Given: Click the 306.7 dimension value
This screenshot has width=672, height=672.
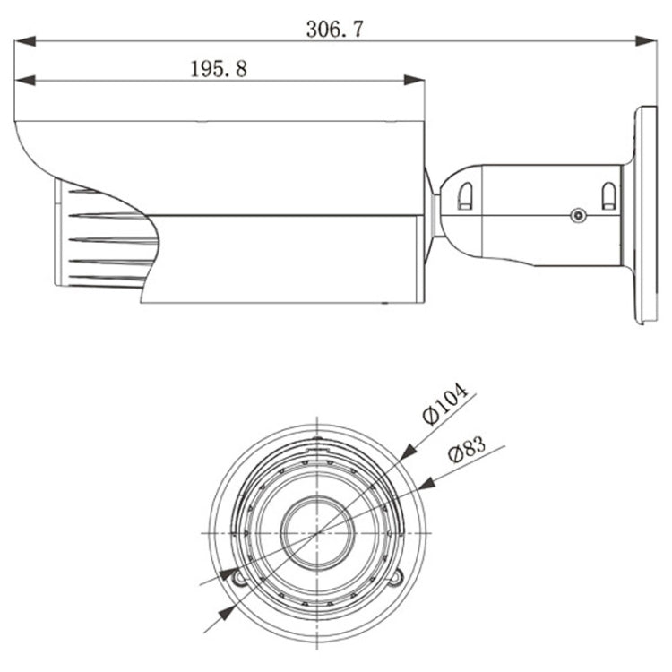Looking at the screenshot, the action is [335, 30].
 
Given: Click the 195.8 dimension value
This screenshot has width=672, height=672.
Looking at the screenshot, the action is [219, 69].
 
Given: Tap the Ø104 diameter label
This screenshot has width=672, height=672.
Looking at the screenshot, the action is [444, 404].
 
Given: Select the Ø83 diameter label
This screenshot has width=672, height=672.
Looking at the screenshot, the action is [467, 450].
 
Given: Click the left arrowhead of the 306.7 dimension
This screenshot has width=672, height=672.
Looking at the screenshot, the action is [25, 41].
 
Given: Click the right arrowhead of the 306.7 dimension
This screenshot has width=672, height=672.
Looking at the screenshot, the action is [646, 41].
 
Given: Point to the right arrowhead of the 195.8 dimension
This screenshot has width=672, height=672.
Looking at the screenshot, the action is [414, 80].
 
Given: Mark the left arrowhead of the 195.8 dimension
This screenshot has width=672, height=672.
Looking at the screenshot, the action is [25, 80].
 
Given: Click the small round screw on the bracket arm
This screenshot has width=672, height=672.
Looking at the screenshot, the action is [579, 215].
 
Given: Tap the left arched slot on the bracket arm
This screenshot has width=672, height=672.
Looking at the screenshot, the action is [465, 196].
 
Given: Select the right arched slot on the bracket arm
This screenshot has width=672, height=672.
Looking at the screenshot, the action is [608, 196].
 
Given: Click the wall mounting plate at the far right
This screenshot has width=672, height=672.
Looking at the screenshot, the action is [645, 215].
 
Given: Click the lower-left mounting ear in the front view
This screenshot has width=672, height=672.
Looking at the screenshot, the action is [238, 579].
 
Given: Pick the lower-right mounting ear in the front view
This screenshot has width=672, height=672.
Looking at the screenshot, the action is [395, 578].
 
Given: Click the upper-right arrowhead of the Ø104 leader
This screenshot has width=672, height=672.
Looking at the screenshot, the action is [409, 452].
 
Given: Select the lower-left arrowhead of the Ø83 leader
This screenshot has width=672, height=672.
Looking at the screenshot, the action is [228, 574].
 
